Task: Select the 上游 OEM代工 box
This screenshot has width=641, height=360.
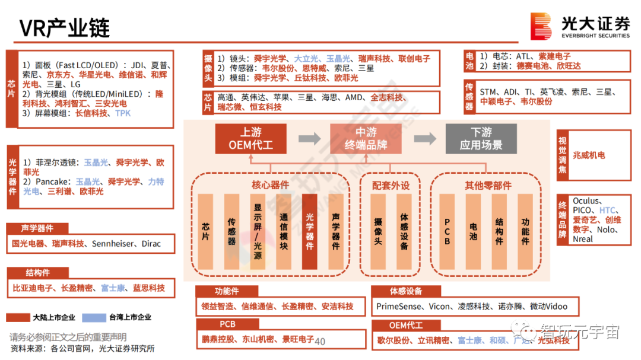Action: [x=250, y=139]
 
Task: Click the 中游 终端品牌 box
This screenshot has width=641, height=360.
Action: [x=366, y=139]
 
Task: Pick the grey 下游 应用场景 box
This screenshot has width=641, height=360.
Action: [x=481, y=139]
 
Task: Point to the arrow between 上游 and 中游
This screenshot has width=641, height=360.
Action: [x=309, y=139]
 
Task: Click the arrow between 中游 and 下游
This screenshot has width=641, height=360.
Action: [x=424, y=139]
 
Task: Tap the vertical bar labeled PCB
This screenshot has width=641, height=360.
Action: [x=447, y=231]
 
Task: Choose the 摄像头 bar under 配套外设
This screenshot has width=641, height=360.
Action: [x=378, y=231]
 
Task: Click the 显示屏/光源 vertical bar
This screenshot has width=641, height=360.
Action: [x=258, y=231]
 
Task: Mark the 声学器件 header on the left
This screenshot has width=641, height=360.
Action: [x=37, y=228]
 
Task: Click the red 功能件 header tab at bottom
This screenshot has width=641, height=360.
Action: [x=227, y=291]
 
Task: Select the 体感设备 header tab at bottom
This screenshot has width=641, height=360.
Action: [x=406, y=291]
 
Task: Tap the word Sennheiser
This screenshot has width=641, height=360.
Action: [x=113, y=244]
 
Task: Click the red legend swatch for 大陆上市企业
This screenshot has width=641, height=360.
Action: [x=18, y=317]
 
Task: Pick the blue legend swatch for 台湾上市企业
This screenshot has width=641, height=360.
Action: [x=94, y=317]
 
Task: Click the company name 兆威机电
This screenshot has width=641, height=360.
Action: [x=589, y=155]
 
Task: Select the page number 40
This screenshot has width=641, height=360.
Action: [x=320, y=342]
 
